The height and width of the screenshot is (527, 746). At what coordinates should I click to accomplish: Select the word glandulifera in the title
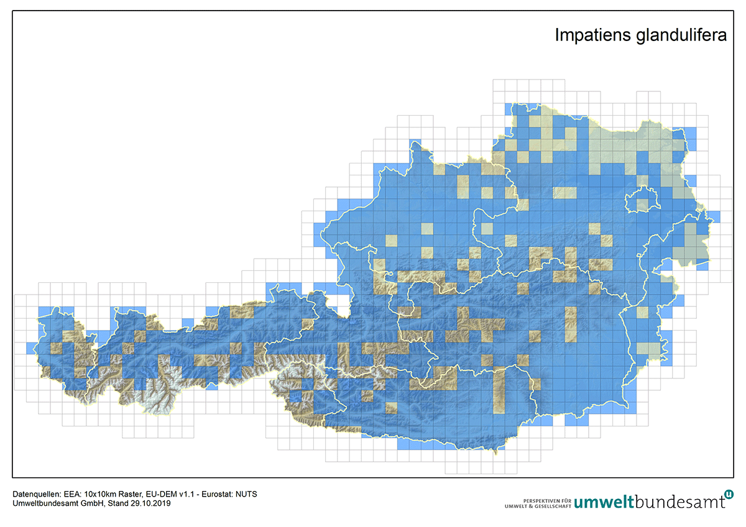(681, 35)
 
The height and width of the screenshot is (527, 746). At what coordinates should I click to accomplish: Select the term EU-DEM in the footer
(157, 494)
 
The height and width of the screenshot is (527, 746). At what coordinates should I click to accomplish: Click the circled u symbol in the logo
(729, 494)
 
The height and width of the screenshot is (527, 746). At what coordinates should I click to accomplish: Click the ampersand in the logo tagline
(528, 506)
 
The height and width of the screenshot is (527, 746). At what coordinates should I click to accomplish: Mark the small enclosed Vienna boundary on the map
(640, 200)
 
